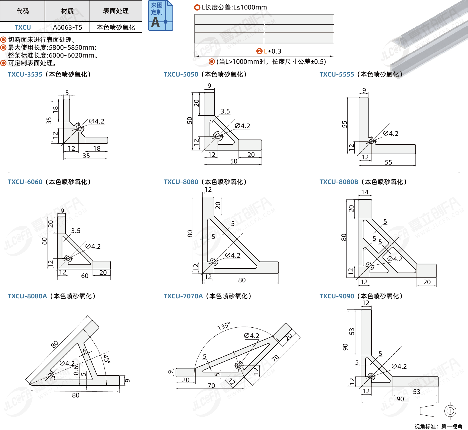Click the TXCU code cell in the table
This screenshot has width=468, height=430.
(x=23, y=27)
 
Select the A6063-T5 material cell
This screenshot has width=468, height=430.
(x=67, y=27)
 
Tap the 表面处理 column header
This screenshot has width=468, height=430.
(x=116, y=11)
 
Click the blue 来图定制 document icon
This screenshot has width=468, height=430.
(x=161, y=15)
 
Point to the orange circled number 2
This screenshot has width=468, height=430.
(x=259, y=51)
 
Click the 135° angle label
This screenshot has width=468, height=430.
(x=224, y=326)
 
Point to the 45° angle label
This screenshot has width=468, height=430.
(x=106, y=359)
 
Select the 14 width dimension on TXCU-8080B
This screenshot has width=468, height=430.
(x=365, y=192)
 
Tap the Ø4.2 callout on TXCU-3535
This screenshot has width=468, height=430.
(x=97, y=121)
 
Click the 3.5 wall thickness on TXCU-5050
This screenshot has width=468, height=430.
(x=225, y=111)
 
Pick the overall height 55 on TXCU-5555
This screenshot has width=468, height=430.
(x=344, y=124)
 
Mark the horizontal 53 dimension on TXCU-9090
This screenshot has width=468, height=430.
(x=416, y=392)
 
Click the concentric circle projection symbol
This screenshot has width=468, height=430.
(x=450, y=411)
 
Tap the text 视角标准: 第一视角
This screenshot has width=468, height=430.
(x=438, y=426)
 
